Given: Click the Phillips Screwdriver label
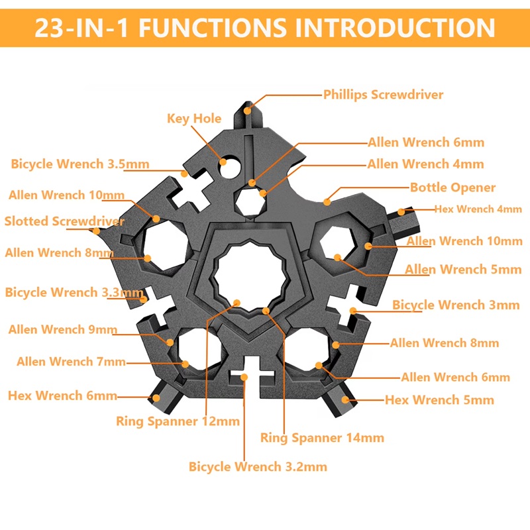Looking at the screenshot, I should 383,95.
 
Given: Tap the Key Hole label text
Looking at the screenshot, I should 193,119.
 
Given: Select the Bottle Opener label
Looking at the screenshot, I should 452,187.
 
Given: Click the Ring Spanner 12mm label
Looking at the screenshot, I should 178,421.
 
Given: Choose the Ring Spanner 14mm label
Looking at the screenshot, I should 322,437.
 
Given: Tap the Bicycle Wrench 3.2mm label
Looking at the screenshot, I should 258,466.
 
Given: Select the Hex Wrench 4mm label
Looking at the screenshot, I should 478,209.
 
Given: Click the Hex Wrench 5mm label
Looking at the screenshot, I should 439,399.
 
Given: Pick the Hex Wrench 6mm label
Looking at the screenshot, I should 62,396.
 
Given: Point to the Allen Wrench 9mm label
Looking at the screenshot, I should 62,329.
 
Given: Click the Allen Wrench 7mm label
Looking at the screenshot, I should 71,362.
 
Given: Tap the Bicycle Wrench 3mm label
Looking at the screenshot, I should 456,305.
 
